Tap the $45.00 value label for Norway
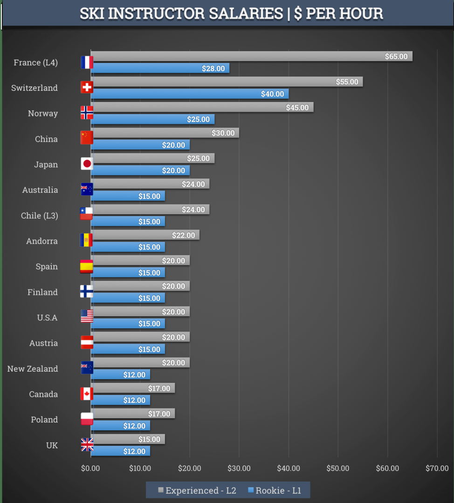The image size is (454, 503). pos(297,108)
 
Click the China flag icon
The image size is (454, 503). pos(87,138)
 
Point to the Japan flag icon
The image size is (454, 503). pos(87,163)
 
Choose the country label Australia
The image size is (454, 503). pos(40,190)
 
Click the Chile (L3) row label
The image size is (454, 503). pos(40,216)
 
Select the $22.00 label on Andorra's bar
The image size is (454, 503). pos(184,235)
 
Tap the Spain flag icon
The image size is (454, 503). pos(87,266)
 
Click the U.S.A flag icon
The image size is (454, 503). pos(87,317)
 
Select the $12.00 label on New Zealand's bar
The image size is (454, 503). pos(134,375)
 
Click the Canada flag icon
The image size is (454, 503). pos(87,394)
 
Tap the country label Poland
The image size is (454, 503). pos(44,420)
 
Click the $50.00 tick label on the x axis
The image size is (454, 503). pos(338,469)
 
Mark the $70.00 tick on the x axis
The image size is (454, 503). pos(437,469)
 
